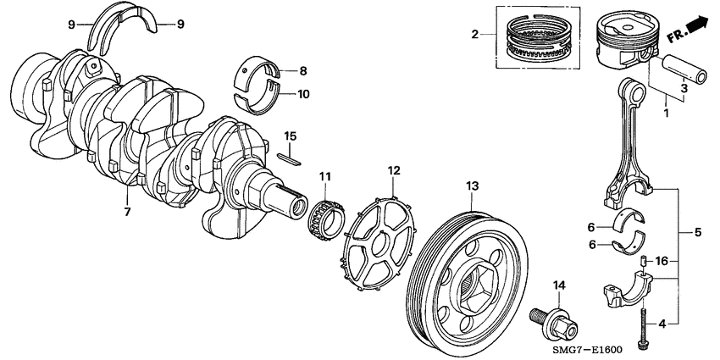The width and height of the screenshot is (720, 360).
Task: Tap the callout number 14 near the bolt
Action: pos(558,284)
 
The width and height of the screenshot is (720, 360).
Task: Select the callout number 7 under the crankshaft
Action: pos(127,211)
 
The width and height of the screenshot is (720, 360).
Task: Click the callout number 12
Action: pos(393,170)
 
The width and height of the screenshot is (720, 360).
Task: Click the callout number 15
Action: pos(290,136)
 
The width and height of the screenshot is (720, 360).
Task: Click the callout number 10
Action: pos(303,94)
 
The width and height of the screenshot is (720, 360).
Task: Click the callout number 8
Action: pos(303,71)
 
